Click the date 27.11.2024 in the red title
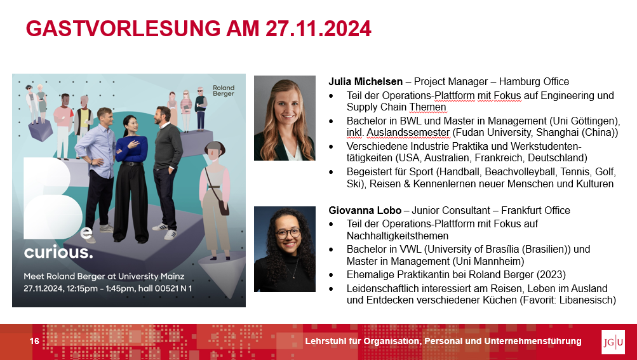point(319,29)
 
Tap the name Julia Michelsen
point(366,82)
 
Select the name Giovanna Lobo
point(365,210)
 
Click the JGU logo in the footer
point(613,342)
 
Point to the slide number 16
point(34,341)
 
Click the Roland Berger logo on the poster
point(224,90)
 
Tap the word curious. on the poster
point(58,252)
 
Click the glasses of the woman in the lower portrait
point(288,234)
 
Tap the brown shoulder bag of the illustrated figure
point(223,207)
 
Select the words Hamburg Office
point(534,82)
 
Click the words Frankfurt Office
point(535,210)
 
